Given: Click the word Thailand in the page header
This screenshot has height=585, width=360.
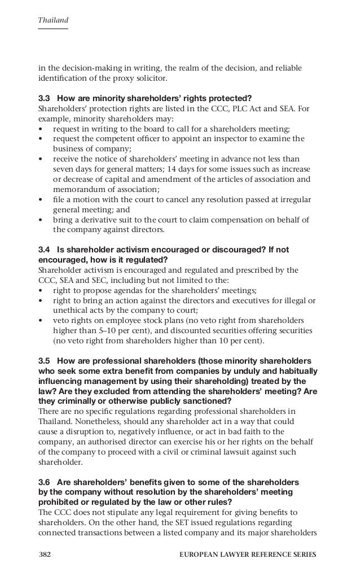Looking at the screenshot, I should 53,21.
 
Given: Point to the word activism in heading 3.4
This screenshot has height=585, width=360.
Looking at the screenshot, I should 132,250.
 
